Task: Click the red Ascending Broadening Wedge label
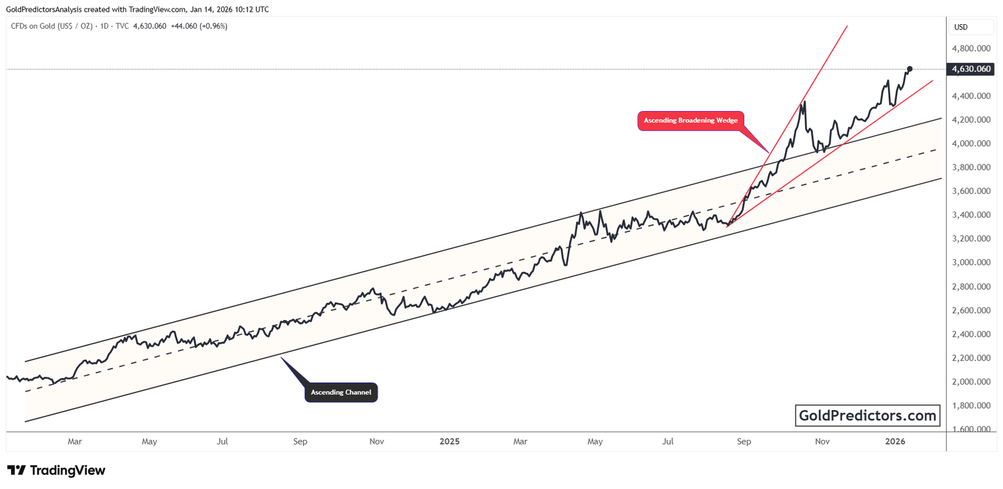click(x=690, y=121)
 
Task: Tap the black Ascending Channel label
click(x=341, y=392)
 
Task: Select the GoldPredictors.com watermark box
click(x=867, y=415)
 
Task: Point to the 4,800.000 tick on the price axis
click(x=971, y=48)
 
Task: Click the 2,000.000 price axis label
click(x=971, y=382)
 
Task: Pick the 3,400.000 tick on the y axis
click(x=971, y=215)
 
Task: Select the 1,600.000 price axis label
click(x=971, y=430)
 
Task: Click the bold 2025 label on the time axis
click(x=449, y=442)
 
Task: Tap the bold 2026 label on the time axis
click(x=895, y=442)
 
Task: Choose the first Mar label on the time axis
click(x=74, y=442)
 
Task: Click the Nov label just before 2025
click(x=376, y=442)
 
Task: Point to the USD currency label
click(x=961, y=27)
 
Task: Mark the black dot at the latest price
click(x=910, y=69)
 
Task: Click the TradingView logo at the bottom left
click(x=56, y=470)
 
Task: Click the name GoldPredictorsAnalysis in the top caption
click(x=50, y=9)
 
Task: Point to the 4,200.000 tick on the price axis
click(x=971, y=120)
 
